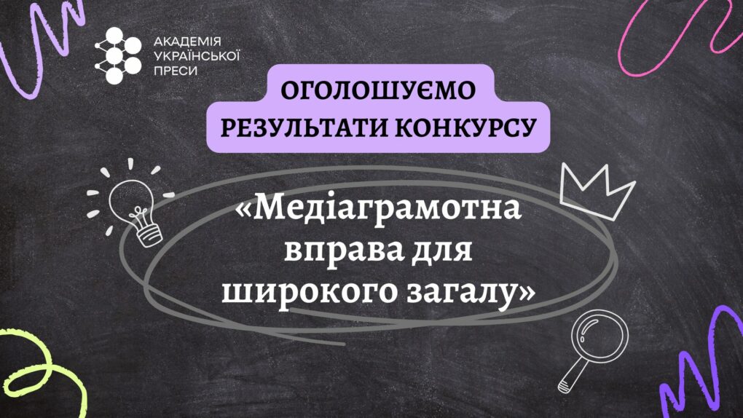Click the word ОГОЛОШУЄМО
pos(377,90)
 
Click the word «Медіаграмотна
pos(378,208)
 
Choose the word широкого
pos(310,292)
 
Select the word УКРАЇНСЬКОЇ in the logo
pos(197,56)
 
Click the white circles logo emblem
pos(118,55)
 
